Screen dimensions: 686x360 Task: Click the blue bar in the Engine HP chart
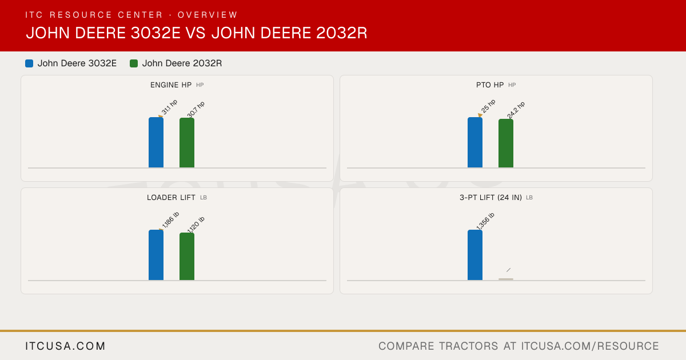tap(156, 142)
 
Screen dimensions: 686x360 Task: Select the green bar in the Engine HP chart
tap(187, 143)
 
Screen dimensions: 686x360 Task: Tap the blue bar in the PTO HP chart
tap(475, 142)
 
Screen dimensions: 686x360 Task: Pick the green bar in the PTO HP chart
tap(506, 143)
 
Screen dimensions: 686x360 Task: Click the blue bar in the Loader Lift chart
tap(156, 255)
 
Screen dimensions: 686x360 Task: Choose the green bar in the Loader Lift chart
tap(187, 256)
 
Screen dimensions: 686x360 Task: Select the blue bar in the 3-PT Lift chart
tap(475, 255)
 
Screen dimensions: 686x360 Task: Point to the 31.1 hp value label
tap(169, 107)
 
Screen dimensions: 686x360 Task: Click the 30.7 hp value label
tap(196, 109)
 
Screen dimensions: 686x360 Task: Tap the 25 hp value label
tap(488, 106)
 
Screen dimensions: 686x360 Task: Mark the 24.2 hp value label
tap(516, 110)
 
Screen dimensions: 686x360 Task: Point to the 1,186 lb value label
tap(170, 220)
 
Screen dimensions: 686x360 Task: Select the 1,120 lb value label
tap(196, 225)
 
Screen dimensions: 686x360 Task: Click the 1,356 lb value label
tap(485, 221)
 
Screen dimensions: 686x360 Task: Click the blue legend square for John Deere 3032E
tap(29, 63)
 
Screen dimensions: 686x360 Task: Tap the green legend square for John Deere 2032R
tap(134, 63)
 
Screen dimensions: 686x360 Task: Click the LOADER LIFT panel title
tap(171, 198)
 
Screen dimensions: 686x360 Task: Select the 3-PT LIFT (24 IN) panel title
tap(490, 198)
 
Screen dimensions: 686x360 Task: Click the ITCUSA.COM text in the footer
tap(65, 346)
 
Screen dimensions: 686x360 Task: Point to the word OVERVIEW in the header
tap(208, 15)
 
